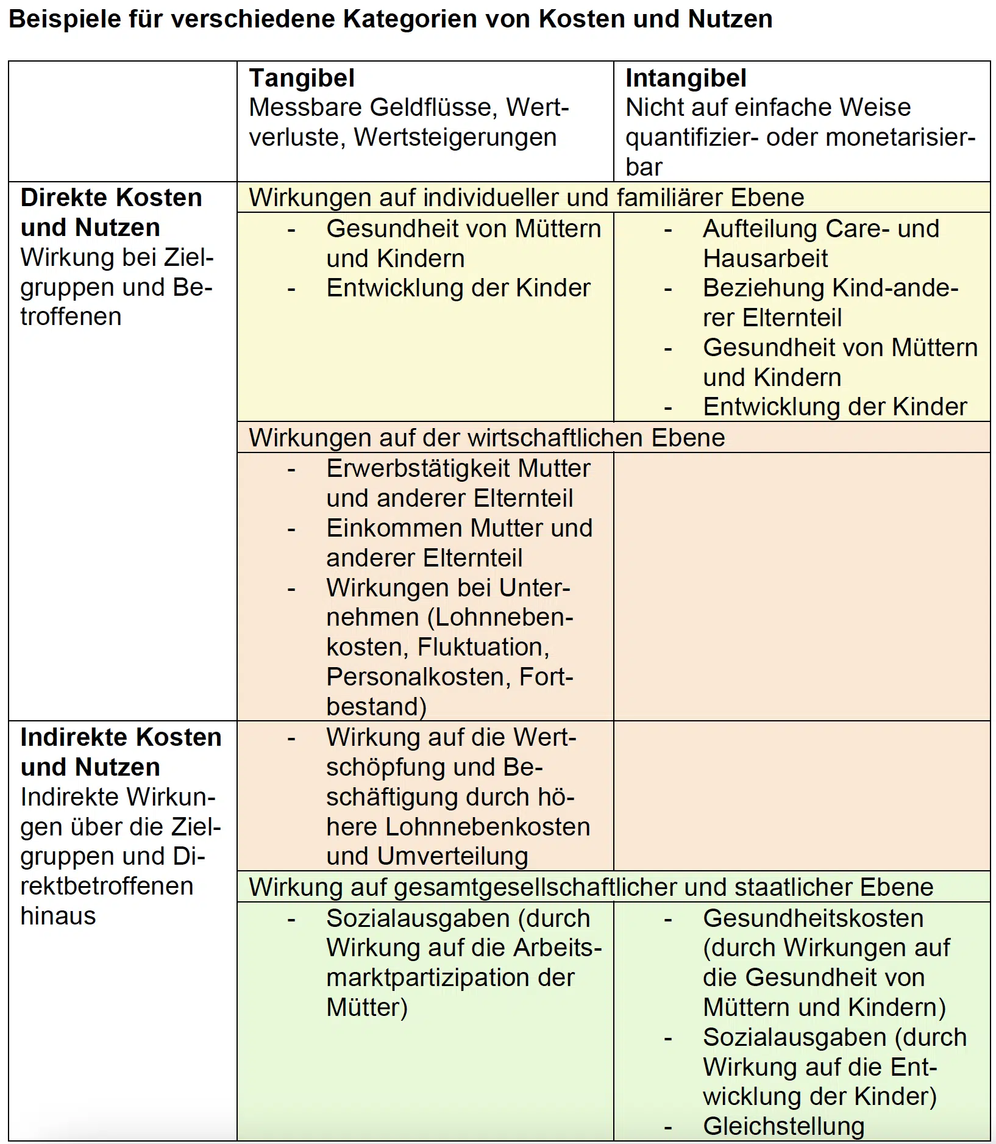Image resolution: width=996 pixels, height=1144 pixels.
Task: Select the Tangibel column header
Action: [x=302, y=78]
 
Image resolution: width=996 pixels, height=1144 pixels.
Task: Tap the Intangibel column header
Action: [x=686, y=78]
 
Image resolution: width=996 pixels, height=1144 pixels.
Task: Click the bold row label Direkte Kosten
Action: [x=111, y=198]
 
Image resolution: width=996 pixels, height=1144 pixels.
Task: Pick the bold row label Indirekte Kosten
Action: [x=121, y=737]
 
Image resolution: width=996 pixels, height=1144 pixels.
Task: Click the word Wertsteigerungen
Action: [x=455, y=137]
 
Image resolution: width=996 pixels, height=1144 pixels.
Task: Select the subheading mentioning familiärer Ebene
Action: [x=527, y=198]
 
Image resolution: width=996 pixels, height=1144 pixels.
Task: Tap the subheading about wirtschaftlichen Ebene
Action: [x=487, y=438]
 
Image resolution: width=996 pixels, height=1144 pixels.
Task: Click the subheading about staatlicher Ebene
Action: [x=591, y=887]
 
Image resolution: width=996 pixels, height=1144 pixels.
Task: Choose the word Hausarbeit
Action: [x=765, y=259]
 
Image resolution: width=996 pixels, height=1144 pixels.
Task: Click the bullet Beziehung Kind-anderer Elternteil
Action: [x=830, y=302]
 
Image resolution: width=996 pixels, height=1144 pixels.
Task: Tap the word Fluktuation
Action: [x=483, y=647]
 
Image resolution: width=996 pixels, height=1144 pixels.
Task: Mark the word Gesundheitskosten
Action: [x=813, y=918]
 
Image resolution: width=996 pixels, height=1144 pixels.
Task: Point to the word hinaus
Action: [x=58, y=916]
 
